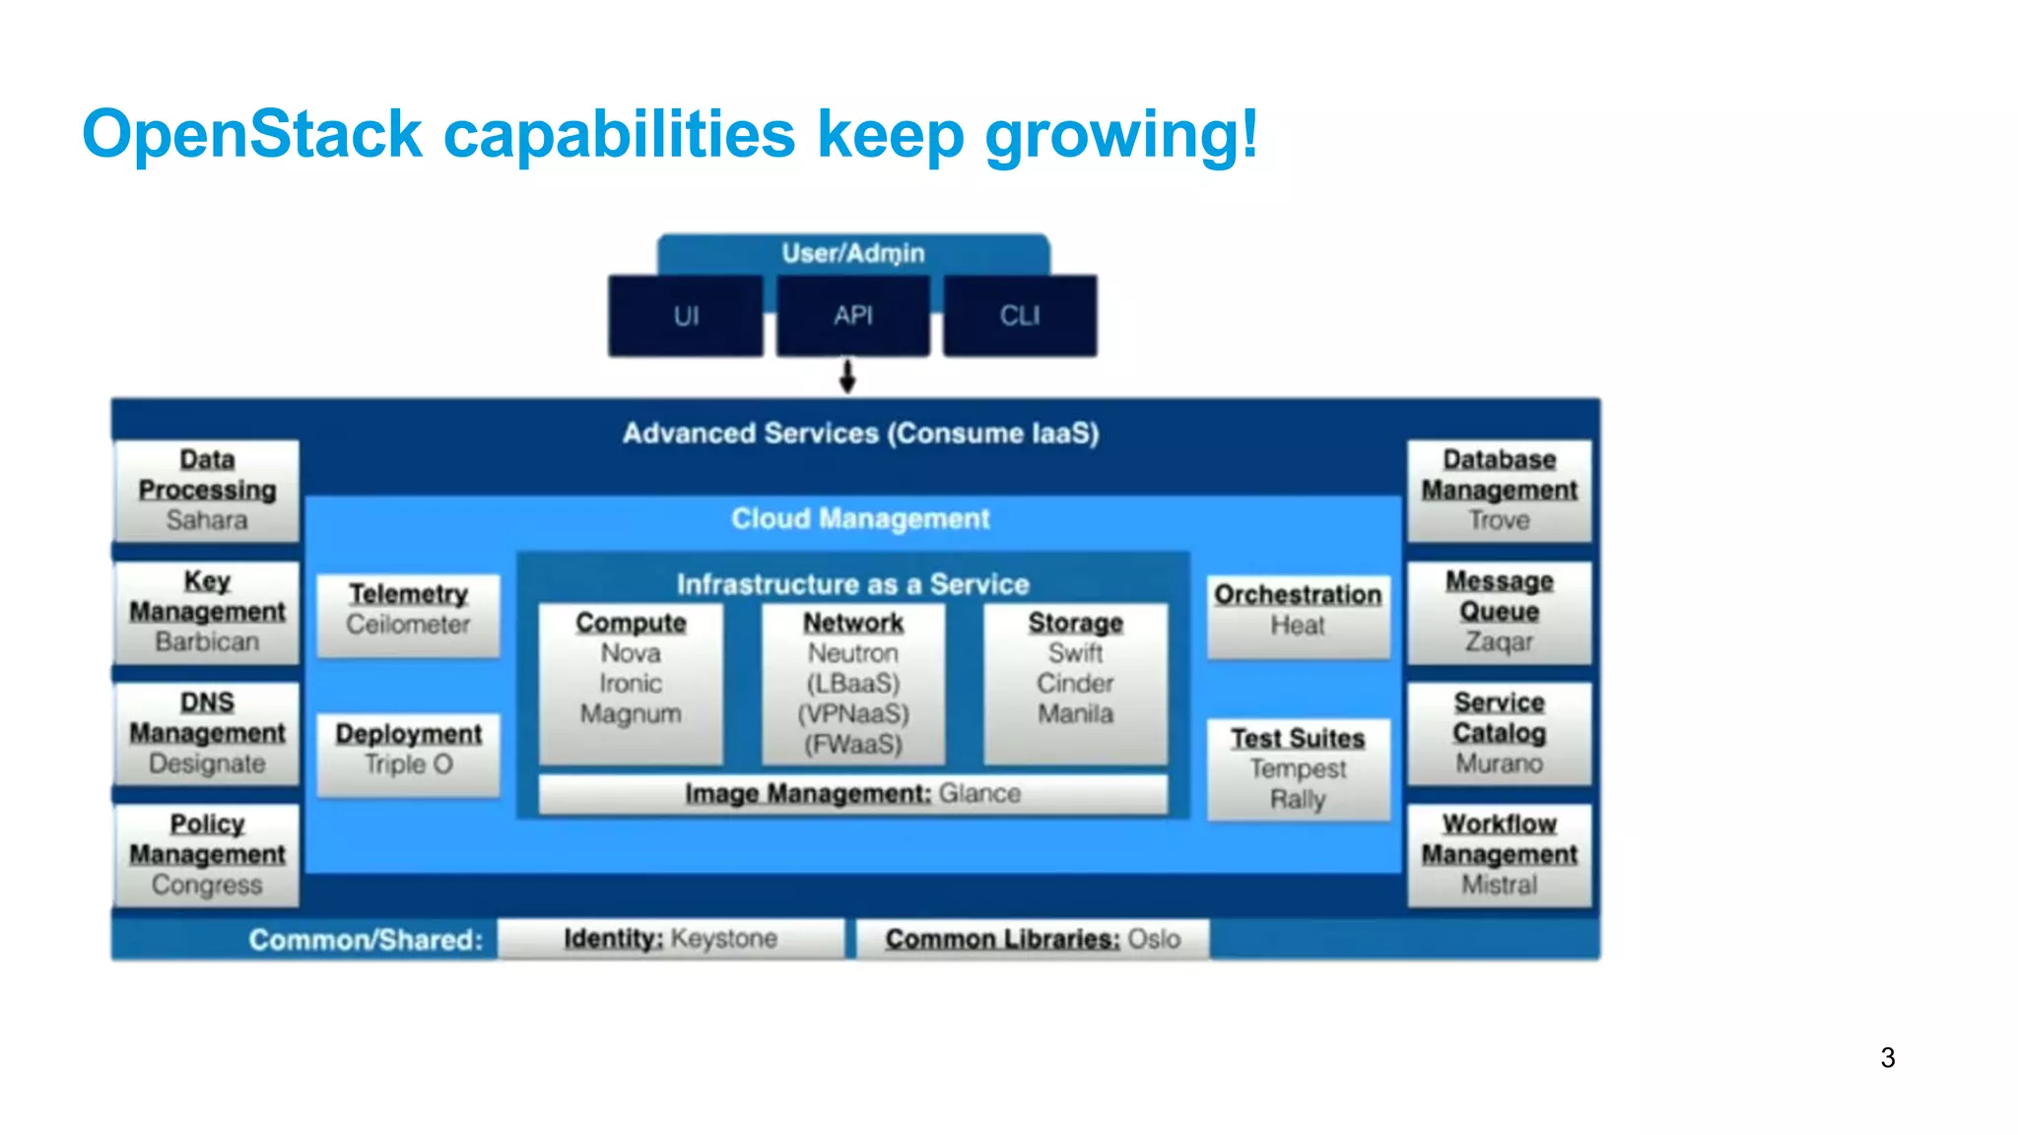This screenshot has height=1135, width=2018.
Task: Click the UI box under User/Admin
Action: click(x=686, y=316)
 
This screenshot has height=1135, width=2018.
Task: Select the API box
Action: click(x=853, y=316)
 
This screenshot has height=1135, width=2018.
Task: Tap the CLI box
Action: click(x=1020, y=316)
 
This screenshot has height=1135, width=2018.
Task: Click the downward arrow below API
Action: click(x=847, y=376)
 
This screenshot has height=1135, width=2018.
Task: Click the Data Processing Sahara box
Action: click(x=207, y=490)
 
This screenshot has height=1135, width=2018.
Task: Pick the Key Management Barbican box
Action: click(x=207, y=611)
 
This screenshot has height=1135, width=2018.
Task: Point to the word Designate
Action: click(x=207, y=764)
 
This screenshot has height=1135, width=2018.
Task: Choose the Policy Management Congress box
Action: click(x=207, y=854)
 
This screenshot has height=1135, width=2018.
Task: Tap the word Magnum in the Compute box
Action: click(x=631, y=713)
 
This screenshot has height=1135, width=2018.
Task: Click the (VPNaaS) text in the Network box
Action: click(x=853, y=713)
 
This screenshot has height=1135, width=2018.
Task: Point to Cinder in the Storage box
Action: click(x=1075, y=683)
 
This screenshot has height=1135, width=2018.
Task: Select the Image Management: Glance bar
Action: click(x=853, y=793)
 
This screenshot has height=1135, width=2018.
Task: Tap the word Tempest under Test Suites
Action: click(x=1298, y=768)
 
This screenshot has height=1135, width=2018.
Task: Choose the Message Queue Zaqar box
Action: click(x=1499, y=611)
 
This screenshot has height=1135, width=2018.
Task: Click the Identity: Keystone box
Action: click(x=670, y=938)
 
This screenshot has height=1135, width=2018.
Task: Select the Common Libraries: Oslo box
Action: click(x=1033, y=938)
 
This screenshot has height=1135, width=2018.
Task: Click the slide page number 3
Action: click(x=1887, y=1057)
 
